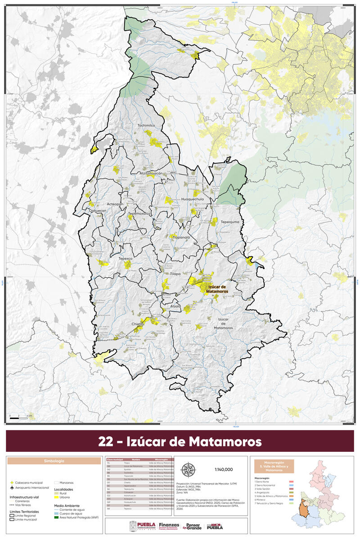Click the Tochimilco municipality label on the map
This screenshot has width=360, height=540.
pos(145,126)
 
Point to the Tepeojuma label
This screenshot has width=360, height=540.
pos(230,221)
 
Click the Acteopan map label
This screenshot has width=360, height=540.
pos(115,204)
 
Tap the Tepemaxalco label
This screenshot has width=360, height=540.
pos(138,214)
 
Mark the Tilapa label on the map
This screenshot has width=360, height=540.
pos(175,273)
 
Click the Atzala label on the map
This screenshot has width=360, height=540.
pos(175,306)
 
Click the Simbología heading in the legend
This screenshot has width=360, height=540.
pos(54,461)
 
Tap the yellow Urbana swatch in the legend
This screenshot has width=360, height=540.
pos(57,498)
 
